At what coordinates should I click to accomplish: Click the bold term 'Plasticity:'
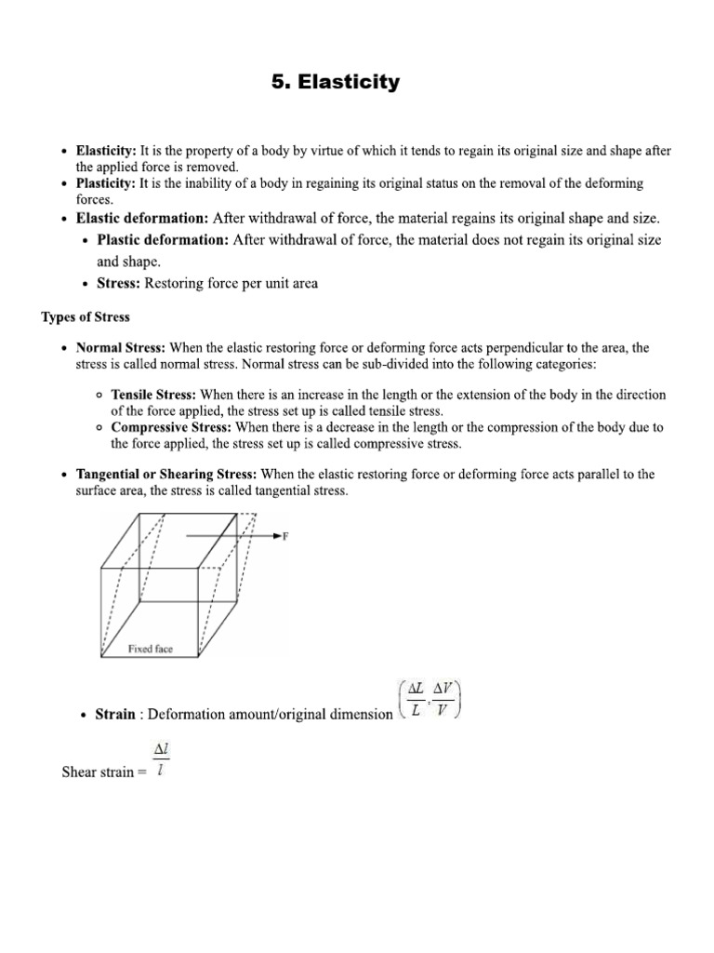tap(106, 183)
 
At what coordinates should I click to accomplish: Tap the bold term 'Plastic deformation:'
tap(163, 240)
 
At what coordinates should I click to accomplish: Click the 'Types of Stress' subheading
tap(86, 317)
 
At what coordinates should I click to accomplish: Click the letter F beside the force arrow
tap(285, 536)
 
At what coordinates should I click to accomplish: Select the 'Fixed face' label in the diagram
tap(150, 649)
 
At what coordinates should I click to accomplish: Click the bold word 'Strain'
tap(116, 715)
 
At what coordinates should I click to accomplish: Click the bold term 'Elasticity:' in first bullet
tap(106, 151)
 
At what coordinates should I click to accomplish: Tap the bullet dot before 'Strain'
tap(85, 716)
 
